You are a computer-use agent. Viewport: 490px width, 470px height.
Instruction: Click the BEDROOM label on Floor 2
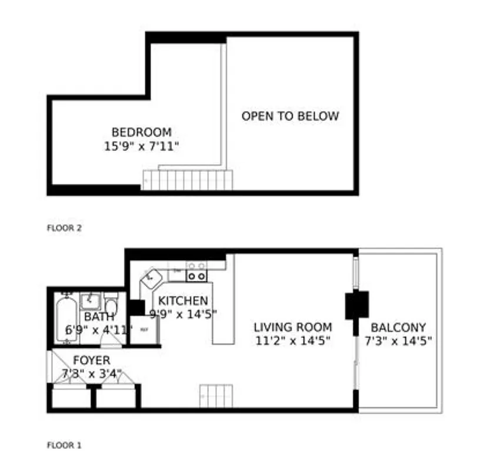coord(141,132)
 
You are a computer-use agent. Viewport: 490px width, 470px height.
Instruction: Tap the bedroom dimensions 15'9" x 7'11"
coord(141,146)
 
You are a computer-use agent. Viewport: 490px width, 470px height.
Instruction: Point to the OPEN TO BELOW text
coord(290,116)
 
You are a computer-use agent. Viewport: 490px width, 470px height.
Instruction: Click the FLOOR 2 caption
coord(64,227)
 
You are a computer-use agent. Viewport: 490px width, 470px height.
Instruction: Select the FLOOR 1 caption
coord(64,445)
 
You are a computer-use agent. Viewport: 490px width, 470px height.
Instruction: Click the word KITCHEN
coord(182,301)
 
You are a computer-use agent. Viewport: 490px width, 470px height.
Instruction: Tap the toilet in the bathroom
coord(111,305)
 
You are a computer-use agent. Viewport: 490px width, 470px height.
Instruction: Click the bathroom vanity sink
coord(91,300)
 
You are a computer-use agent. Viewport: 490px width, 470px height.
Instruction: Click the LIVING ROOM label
coord(292,327)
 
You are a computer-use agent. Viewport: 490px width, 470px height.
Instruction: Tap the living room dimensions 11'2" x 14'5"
coord(292,340)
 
